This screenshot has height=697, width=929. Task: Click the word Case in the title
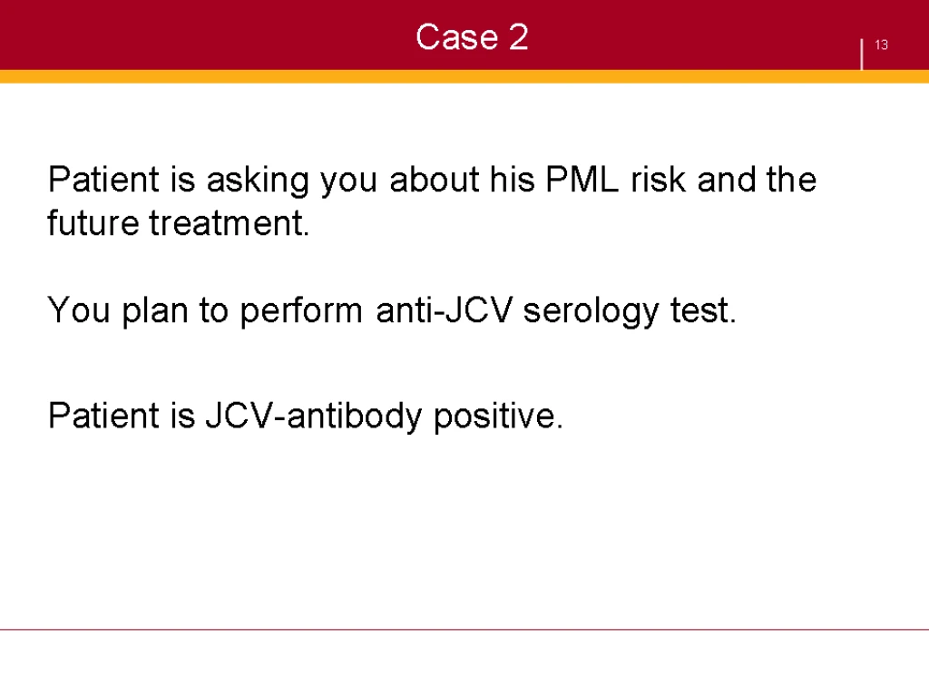point(457,37)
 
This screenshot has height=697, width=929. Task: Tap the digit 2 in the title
point(518,36)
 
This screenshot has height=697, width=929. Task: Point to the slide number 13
point(881,45)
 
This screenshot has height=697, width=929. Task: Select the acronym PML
point(582,179)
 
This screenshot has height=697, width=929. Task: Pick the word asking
point(258,181)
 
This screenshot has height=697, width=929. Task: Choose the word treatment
point(230,223)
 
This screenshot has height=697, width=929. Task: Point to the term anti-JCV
point(444,310)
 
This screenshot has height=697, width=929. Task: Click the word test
point(703,310)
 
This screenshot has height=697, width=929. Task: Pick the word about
point(434,179)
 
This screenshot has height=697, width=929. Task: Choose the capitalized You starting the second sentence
point(79,310)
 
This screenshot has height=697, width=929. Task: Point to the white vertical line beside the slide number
point(862,54)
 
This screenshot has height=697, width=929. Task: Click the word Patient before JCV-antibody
point(103,416)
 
